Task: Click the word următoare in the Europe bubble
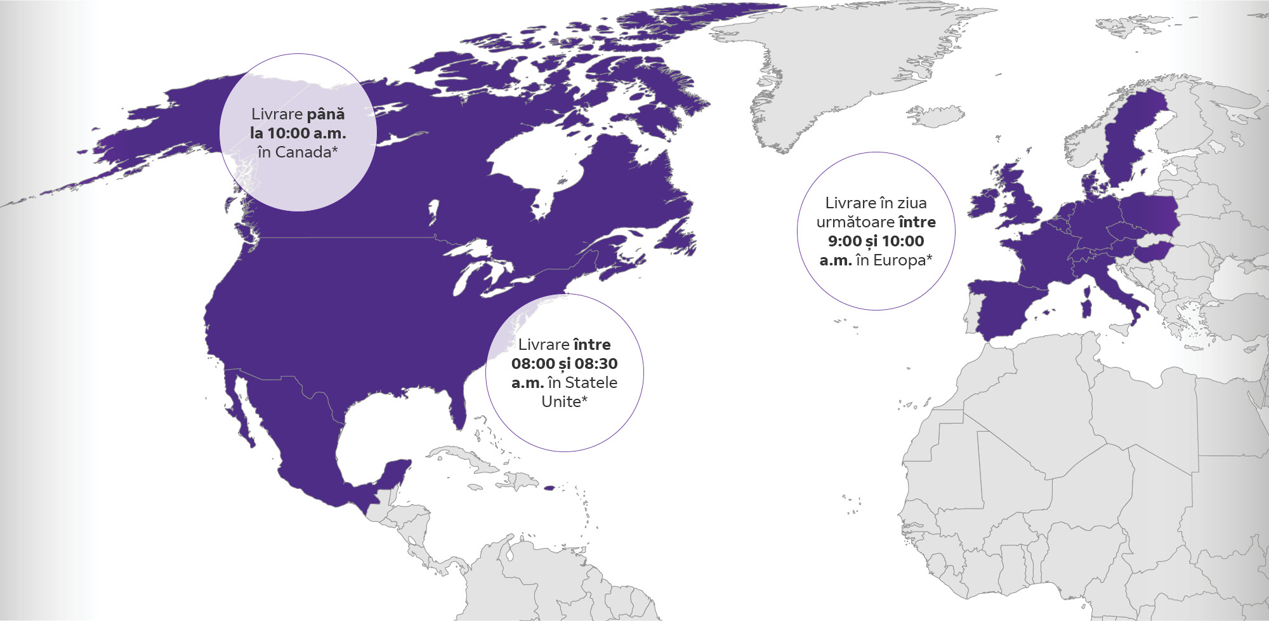pyautogui.click(x=855, y=222)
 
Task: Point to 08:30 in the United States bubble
pyautogui.click(x=596, y=364)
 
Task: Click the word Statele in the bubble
pyautogui.click(x=591, y=383)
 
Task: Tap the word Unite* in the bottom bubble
pyautogui.click(x=564, y=402)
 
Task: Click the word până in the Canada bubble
pyautogui.click(x=325, y=114)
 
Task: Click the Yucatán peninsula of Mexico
pyautogui.click(x=393, y=473)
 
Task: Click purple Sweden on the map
pyautogui.click(x=1126, y=140)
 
